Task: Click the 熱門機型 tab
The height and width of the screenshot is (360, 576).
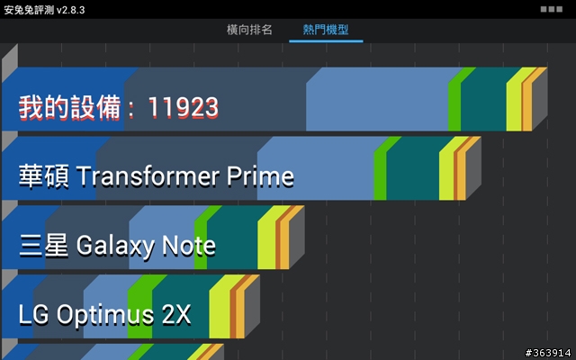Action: [x=326, y=30]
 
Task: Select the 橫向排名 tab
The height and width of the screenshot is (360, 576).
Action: [x=249, y=30]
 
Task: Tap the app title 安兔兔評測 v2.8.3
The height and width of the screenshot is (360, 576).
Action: [x=44, y=10]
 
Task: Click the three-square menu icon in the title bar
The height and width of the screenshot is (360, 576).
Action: [x=552, y=9]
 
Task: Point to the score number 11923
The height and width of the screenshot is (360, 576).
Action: [x=183, y=108]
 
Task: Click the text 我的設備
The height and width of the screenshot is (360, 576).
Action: [x=70, y=107]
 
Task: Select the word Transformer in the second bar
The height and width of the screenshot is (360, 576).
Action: [x=148, y=176]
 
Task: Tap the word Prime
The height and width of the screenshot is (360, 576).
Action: [x=260, y=176]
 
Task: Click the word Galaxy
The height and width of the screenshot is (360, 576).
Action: [x=115, y=246]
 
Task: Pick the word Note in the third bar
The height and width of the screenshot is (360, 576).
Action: [x=189, y=246]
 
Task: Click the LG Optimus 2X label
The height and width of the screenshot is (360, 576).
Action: [x=104, y=315]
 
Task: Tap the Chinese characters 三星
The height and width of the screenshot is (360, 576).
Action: [x=44, y=246]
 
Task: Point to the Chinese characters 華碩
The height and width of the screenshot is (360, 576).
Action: [x=44, y=176]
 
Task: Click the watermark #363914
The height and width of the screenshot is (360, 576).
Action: [x=548, y=353]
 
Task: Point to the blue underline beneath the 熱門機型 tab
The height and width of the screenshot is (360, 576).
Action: [x=326, y=41]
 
